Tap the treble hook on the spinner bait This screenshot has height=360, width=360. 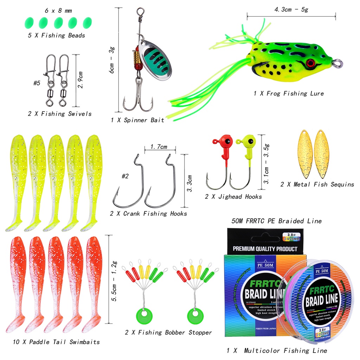[x=138, y=100]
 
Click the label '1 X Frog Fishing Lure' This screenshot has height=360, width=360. [x=288, y=94]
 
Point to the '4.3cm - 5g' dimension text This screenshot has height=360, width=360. [x=291, y=9]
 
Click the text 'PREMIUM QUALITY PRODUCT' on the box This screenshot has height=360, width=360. [x=265, y=249]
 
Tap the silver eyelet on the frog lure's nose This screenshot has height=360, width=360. [x=338, y=64]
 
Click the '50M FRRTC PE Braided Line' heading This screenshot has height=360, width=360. [x=276, y=221]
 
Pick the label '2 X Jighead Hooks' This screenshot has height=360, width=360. [x=233, y=197]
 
